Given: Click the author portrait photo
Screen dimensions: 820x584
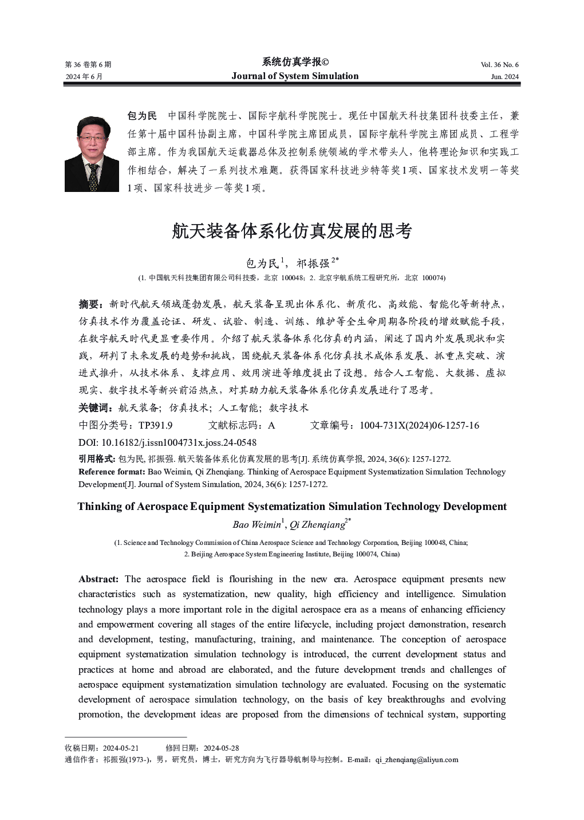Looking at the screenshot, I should tap(92, 154).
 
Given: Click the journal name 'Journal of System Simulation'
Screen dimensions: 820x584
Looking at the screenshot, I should tap(295, 76).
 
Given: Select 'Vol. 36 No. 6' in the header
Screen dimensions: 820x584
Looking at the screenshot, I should tap(499, 65).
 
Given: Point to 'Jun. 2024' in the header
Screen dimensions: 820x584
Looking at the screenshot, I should tap(504, 77).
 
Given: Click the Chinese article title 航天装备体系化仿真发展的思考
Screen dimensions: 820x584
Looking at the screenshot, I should tap(292, 231).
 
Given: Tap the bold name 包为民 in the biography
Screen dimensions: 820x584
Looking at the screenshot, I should tap(142, 116).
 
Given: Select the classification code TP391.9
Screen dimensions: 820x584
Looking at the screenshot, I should tap(155, 425).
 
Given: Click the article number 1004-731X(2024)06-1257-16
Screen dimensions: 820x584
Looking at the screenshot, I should tap(419, 425).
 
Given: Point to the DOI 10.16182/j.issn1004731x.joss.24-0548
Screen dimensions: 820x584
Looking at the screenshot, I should tap(179, 442).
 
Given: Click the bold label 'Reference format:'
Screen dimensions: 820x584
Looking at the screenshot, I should tap(112, 472).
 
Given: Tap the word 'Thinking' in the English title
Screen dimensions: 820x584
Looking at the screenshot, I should tap(100, 507).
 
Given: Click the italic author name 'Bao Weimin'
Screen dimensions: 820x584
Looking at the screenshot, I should tap(257, 525).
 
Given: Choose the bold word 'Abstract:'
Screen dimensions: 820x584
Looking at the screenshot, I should tap(98, 579).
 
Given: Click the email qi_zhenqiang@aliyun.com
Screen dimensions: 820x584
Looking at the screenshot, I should tap(417, 760).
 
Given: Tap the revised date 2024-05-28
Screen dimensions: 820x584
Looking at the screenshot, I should tap(221, 748).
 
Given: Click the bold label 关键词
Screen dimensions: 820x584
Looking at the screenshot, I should tap(93, 408).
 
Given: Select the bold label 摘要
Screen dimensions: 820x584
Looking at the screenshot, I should tap(90, 304).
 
